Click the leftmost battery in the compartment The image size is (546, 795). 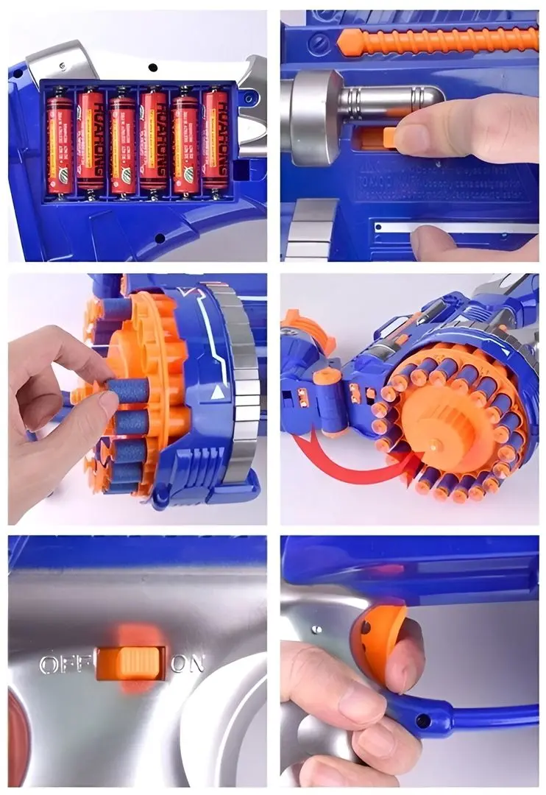60,141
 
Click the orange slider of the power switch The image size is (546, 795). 131,662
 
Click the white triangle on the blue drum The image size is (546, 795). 217,393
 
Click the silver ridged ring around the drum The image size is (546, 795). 244,383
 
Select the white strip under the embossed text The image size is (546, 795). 456,227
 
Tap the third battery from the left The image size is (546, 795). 122,141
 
